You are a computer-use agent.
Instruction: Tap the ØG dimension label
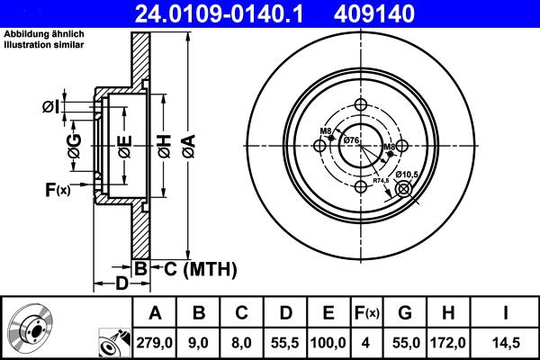tap(74, 144)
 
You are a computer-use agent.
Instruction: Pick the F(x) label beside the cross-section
tap(58, 189)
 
